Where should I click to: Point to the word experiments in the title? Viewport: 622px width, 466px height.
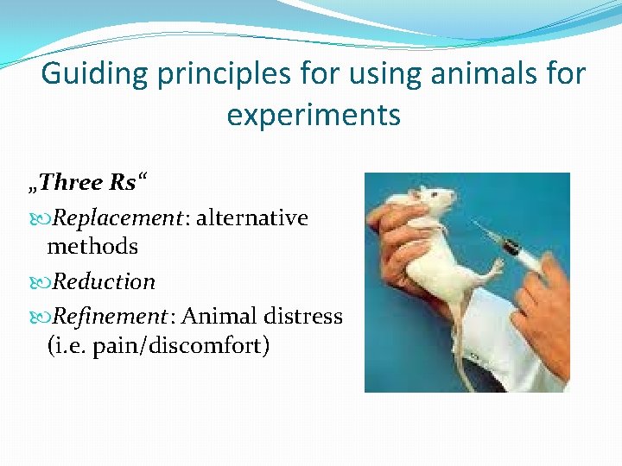click(314, 114)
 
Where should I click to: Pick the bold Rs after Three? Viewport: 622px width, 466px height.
click(123, 183)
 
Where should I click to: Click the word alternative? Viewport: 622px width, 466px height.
click(252, 218)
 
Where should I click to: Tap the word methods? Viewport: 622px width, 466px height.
click(92, 247)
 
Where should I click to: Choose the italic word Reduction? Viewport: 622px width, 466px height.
click(104, 282)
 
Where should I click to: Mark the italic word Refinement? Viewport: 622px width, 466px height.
click(109, 317)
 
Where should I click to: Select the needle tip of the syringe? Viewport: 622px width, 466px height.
click(473, 224)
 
